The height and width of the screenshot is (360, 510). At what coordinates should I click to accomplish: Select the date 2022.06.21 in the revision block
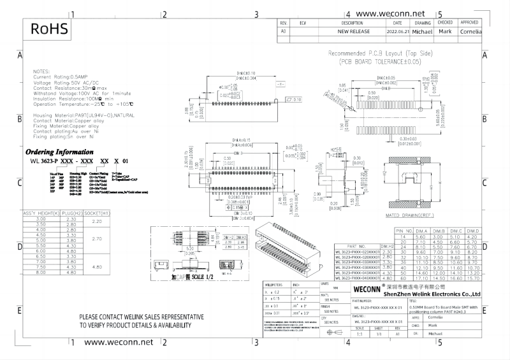click(397, 31)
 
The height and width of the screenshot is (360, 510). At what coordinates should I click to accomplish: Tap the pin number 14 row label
click(403, 236)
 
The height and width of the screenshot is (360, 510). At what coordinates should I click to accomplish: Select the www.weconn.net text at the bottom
click(114, 342)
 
